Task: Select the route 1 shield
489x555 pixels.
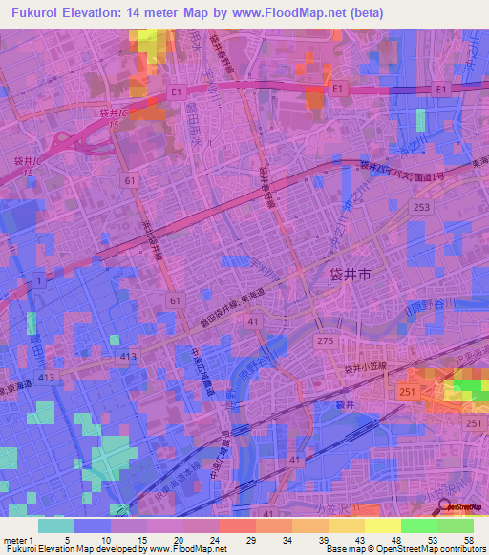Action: (x=37, y=279)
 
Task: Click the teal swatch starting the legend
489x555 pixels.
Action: (x=56, y=524)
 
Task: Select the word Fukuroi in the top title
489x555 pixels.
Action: (x=38, y=12)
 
